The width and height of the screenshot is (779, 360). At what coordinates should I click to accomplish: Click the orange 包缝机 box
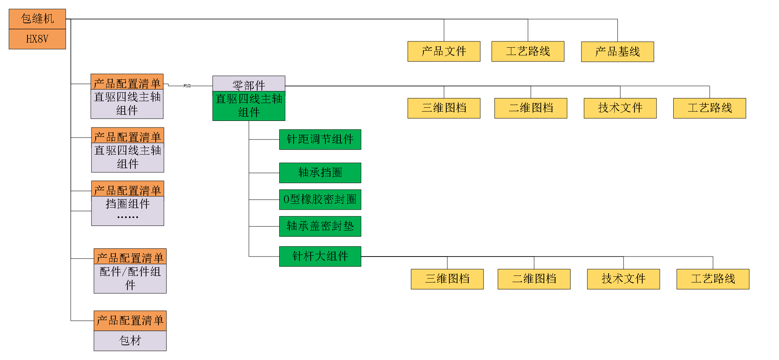[37, 19]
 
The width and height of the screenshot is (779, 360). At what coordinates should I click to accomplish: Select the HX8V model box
[37, 39]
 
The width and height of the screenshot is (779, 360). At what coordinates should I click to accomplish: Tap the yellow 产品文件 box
[444, 51]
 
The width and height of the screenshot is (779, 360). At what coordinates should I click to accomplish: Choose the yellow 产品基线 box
[617, 52]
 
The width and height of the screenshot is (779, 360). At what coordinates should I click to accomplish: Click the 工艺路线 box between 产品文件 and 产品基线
[528, 51]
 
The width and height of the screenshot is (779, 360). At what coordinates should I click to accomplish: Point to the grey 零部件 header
[249, 84]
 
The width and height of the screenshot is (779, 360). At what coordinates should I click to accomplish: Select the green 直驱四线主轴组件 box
[249, 106]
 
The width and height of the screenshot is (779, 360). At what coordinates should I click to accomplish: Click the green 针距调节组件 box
[320, 140]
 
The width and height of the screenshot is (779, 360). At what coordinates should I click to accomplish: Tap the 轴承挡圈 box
[320, 172]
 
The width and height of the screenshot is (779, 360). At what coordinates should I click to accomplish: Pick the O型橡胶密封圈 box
[320, 199]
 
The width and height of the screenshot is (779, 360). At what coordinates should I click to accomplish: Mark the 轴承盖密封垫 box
[320, 226]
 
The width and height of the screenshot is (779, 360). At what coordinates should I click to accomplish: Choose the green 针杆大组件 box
[320, 256]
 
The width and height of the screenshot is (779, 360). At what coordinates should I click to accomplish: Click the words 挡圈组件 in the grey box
[127, 204]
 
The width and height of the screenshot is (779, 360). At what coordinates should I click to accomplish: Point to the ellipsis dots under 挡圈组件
[127, 217]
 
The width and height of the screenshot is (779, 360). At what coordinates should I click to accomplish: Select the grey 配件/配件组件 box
[130, 278]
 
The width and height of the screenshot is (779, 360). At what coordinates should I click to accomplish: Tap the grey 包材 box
[130, 341]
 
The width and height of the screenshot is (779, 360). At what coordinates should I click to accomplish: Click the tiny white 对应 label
[187, 86]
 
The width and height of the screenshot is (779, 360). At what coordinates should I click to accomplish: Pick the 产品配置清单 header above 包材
[130, 321]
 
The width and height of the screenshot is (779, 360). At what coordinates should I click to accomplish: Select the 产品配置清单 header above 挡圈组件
[127, 189]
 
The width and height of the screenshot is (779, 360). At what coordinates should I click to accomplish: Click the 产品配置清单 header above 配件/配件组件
[130, 257]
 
